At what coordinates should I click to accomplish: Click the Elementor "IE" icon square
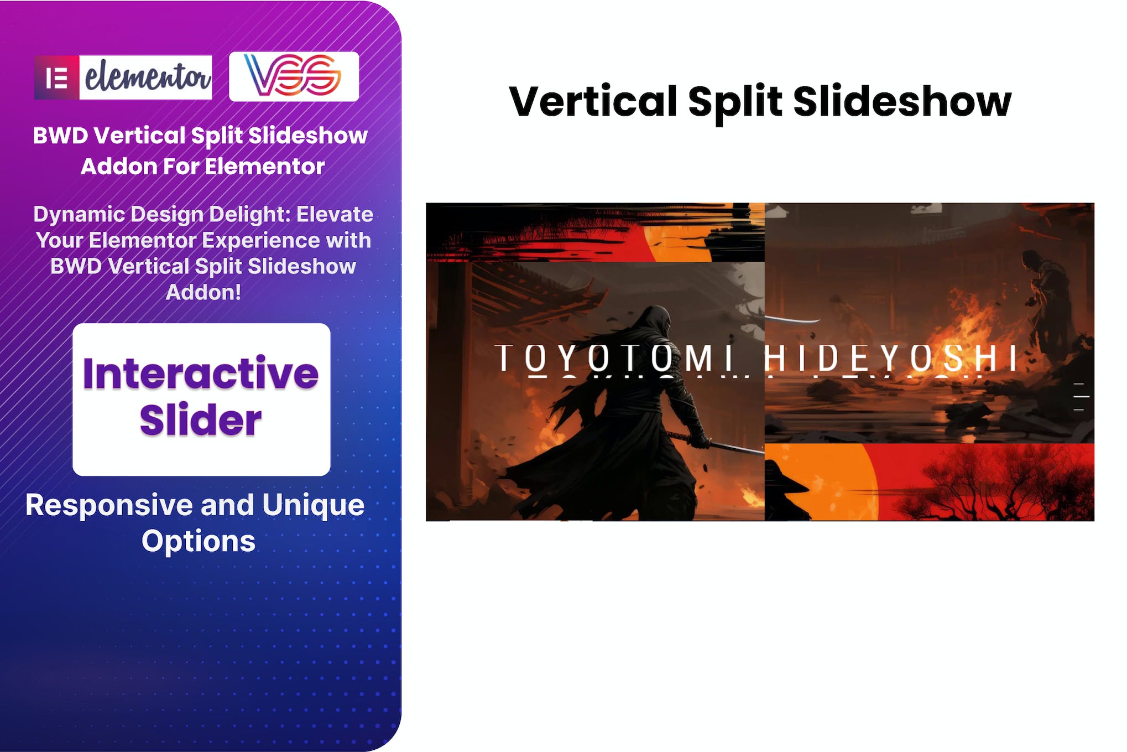(x=57, y=77)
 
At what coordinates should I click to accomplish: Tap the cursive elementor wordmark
(x=147, y=77)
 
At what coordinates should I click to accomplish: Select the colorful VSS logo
(x=294, y=76)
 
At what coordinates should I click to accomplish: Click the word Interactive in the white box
(x=201, y=374)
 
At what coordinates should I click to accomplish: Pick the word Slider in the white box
(x=201, y=420)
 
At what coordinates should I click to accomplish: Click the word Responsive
(x=109, y=505)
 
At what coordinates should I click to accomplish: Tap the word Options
(x=199, y=541)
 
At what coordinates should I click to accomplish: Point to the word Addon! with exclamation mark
(x=203, y=292)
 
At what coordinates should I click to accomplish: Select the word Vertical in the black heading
(x=593, y=102)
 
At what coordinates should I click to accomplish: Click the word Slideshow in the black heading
(x=902, y=102)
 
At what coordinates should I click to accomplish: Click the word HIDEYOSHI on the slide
(x=890, y=358)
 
